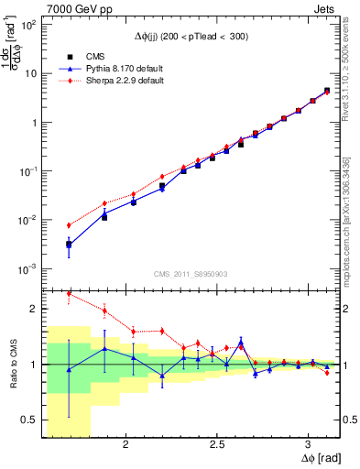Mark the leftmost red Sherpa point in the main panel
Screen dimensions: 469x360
[69, 225]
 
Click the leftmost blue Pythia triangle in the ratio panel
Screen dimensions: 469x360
[69, 368]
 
